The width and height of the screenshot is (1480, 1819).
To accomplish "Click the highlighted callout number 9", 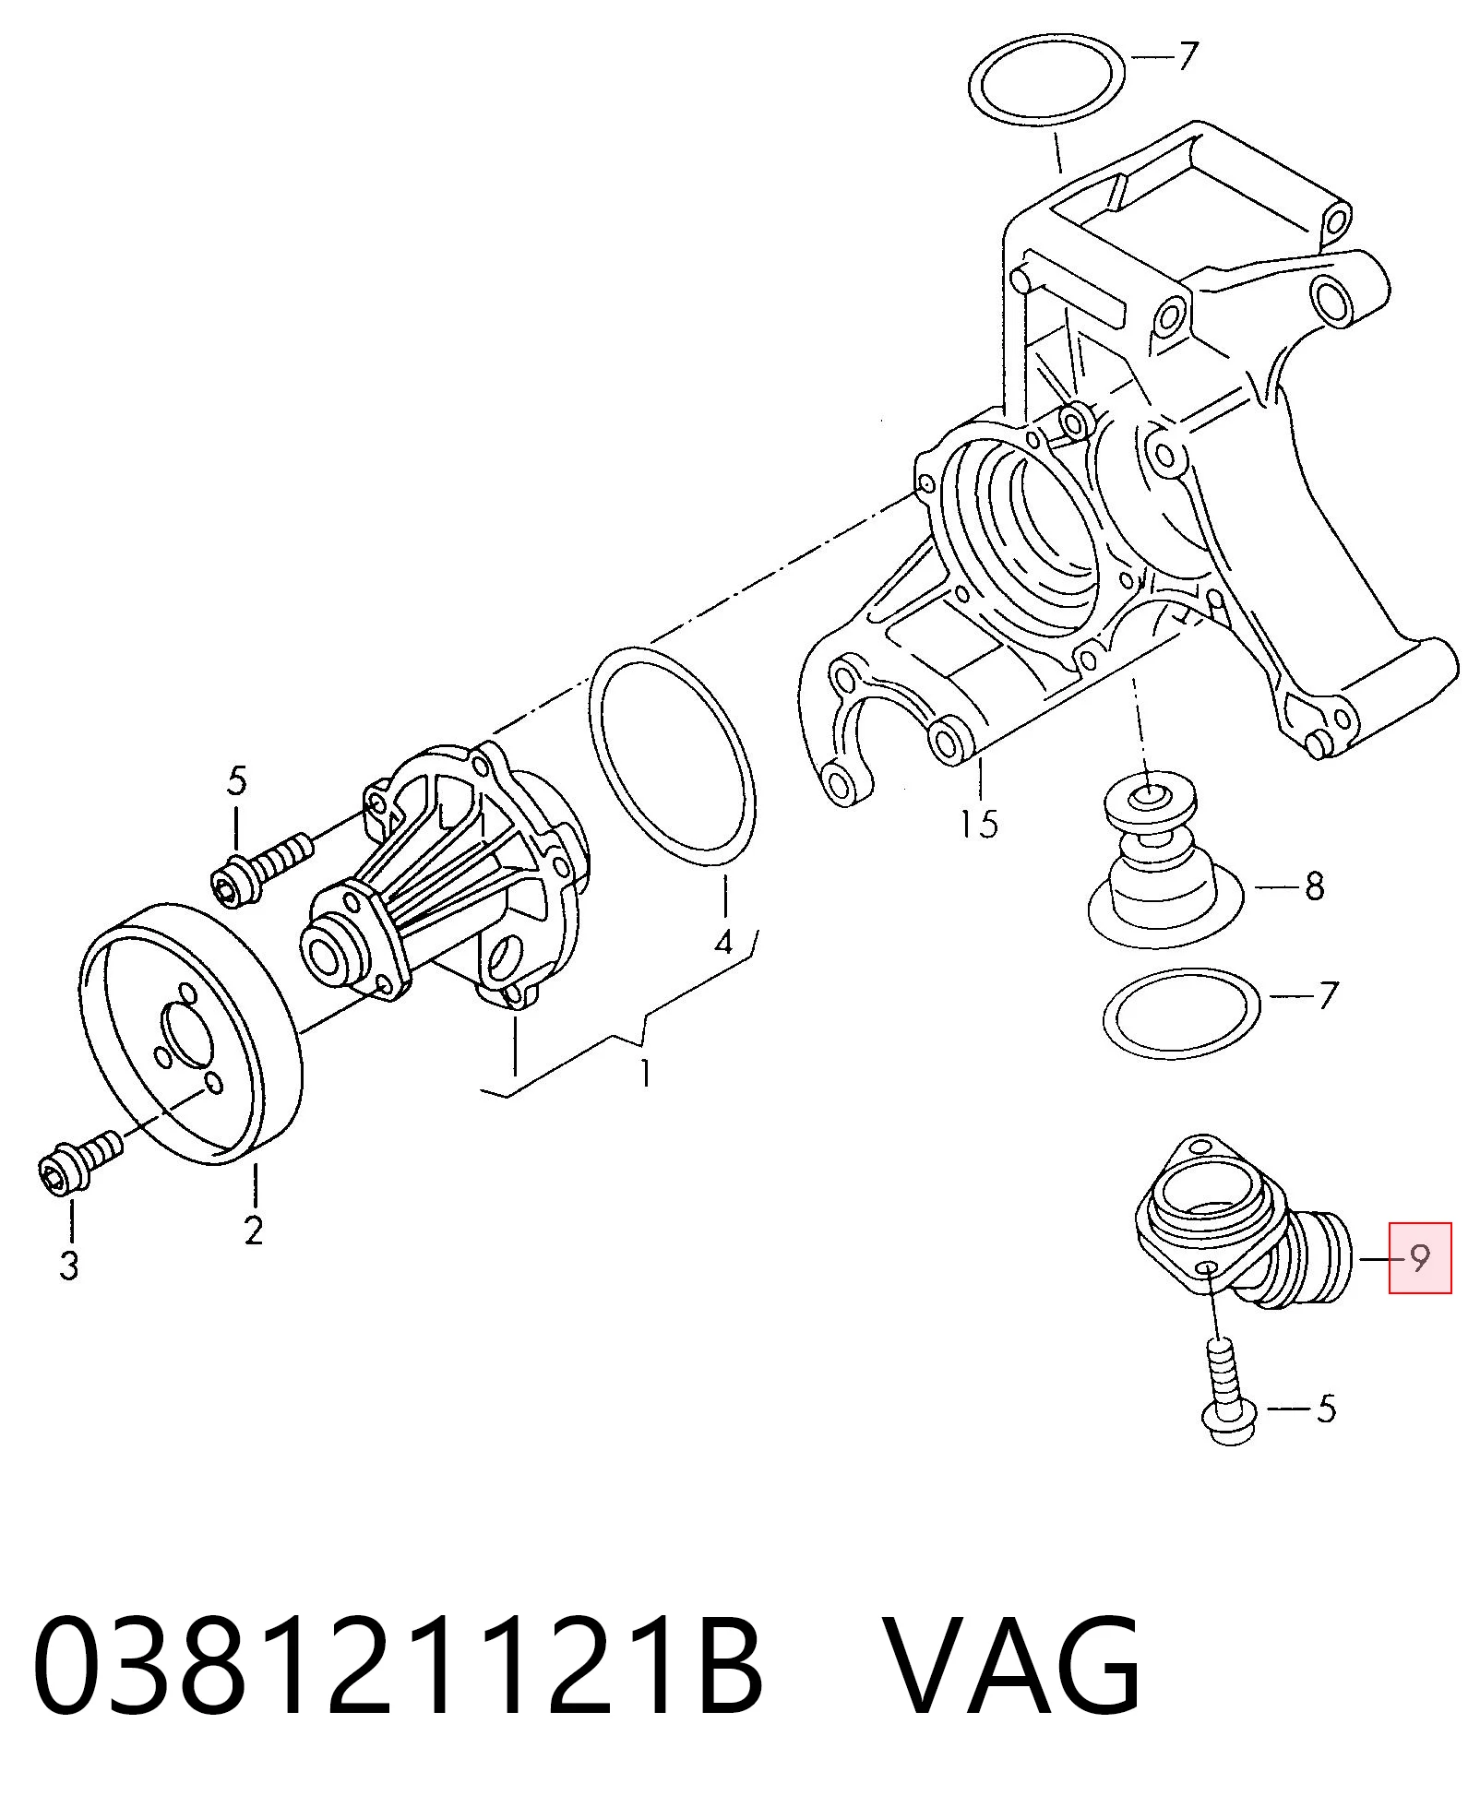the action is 1420,1257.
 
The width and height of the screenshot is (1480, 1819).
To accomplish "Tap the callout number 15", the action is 978,823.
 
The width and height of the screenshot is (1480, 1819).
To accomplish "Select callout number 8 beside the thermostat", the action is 1314,886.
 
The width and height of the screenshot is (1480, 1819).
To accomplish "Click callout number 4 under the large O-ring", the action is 724,942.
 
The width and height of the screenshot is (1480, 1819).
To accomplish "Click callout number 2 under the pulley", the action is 254,1230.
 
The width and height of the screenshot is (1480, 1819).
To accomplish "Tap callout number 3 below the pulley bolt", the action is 69,1265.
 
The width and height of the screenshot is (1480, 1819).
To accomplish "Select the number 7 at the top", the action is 1188,56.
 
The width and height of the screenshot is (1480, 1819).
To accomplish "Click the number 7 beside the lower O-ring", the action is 1327,995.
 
